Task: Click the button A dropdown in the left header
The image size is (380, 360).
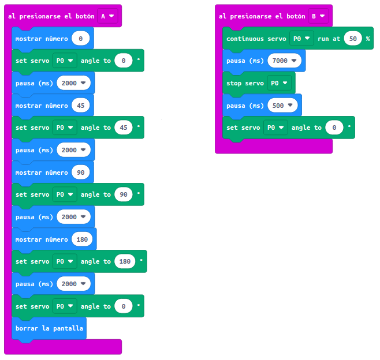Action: click(x=107, y=16)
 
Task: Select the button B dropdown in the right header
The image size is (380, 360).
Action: click(x=318, y=16)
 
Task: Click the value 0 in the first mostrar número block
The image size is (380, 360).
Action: click(x=80, y=39)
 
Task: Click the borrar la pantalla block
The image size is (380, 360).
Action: click(x=49, y=328)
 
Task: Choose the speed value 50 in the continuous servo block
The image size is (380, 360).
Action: click(x=352, y=39)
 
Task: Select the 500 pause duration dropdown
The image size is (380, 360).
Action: click(x=283, y=106)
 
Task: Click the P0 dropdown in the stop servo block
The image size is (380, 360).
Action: click(x=279, y=83)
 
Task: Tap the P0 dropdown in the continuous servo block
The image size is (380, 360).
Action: click(x=301, y=39)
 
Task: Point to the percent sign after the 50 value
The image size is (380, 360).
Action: click(x=367, y=39)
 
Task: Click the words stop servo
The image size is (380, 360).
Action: click(x=245, y=83)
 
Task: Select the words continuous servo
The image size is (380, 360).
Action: click(x=256, y=39)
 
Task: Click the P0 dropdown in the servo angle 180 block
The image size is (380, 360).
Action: click(x=65, y=261)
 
